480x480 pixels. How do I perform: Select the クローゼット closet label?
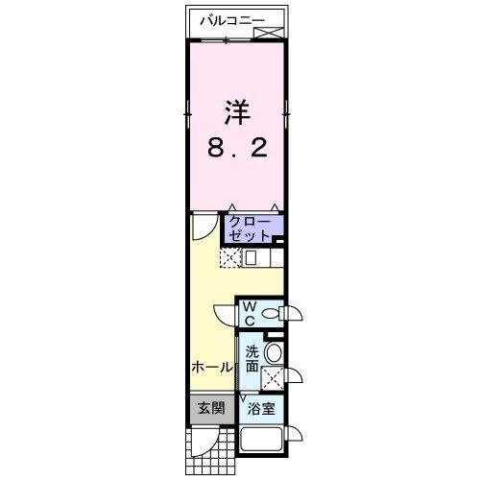click(x=248, y=228)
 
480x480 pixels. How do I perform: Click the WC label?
click(x=248, y=313)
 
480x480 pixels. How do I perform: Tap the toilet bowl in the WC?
click(x=271, y=312)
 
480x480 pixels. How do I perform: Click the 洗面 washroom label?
click(x=252, y=358)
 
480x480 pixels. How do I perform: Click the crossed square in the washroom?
click(x=274, y=377)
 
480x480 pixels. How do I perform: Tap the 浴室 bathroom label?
click(x=261, y=409)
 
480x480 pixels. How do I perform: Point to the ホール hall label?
click(x=211, y=367)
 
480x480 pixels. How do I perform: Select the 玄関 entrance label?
click(x=211, y=408)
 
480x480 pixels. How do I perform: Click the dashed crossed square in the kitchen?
click(x=229, y=257)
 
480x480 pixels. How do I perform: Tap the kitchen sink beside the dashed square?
click(x=252, y=257)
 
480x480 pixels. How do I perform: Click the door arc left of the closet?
click(x=204, y=227)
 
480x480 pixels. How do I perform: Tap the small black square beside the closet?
click(x=276, y=240)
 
